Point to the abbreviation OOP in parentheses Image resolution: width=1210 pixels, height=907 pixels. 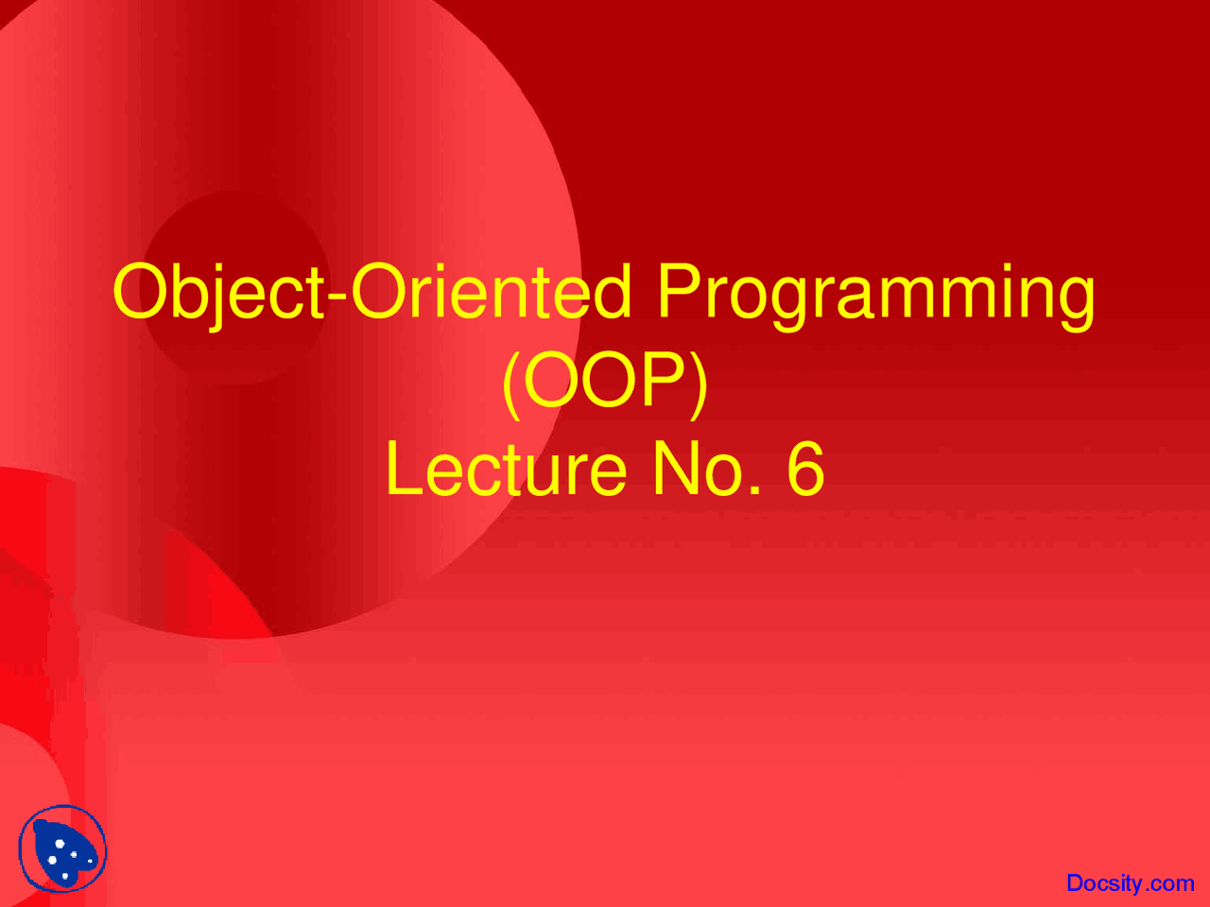click(605, 382)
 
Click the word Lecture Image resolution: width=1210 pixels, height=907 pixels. click(506, 470)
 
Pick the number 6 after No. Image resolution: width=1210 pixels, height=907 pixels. click(805, 470)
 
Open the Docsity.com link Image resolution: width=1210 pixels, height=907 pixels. click(1130, 882)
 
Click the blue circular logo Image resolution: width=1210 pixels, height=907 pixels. click(62, 849)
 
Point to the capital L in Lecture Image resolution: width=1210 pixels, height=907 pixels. click(401, 470)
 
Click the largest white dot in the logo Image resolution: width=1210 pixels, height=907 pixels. click(60, 844)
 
